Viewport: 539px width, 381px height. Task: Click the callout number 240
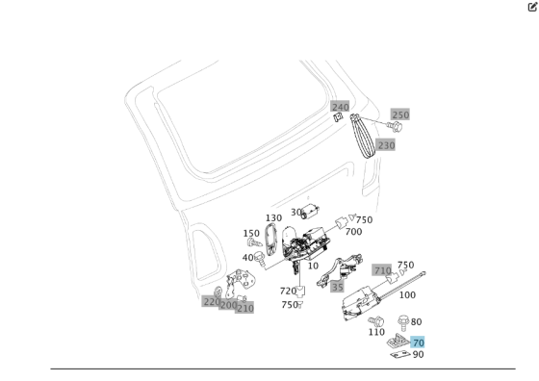[x=340, y=107]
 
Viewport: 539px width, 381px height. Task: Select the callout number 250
[x=400, y=114]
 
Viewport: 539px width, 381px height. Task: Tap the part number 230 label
[x=386, y=145]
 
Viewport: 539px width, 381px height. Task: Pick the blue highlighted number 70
[x=418, y=342]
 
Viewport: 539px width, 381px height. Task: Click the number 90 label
[x=418, y=355]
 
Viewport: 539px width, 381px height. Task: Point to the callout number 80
[x=416, y=322]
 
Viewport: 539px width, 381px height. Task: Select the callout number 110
[x=376, y=333]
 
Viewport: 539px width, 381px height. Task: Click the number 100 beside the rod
[x=407, y=295]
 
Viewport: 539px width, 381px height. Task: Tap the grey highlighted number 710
[x=382, y=270]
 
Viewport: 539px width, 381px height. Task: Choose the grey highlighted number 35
[x=337, y=287]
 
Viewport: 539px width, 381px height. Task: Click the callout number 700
[x=353, y=232]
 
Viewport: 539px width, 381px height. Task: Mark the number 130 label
[x=274, y=218]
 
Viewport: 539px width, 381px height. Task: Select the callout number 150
[x=251, y=234]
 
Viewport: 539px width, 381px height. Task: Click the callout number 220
[x=211, y=301]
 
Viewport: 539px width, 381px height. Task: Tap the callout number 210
[x=244, y=308]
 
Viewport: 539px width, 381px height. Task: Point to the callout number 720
[x=288, y=291]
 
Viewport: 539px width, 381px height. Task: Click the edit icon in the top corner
[x=532, y=7]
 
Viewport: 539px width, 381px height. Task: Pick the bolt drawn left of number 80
[x=403, y=321]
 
